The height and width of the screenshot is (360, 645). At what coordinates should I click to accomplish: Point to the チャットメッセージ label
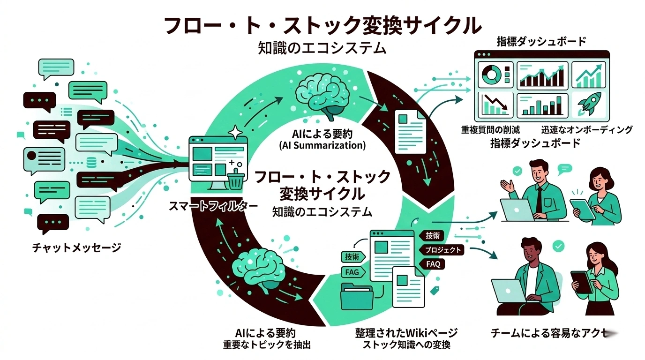(76, 247)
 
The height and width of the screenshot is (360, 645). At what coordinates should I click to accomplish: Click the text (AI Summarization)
(322, 145)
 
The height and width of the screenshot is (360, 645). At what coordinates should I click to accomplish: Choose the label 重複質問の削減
(490, 130)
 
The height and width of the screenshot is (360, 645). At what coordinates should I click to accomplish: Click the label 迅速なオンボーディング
(587, 130)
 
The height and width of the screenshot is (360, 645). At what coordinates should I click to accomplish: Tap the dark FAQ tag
(433, 264)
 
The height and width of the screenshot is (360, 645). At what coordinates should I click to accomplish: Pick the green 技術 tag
(352, 256)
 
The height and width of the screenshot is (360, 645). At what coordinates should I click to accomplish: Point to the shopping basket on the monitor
(234, 179)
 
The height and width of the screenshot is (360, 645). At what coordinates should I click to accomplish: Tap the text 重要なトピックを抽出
(266, 345)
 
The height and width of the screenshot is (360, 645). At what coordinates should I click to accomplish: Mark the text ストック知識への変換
(406, 345)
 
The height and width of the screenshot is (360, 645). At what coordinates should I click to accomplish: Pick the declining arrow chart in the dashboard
(495, 105)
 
